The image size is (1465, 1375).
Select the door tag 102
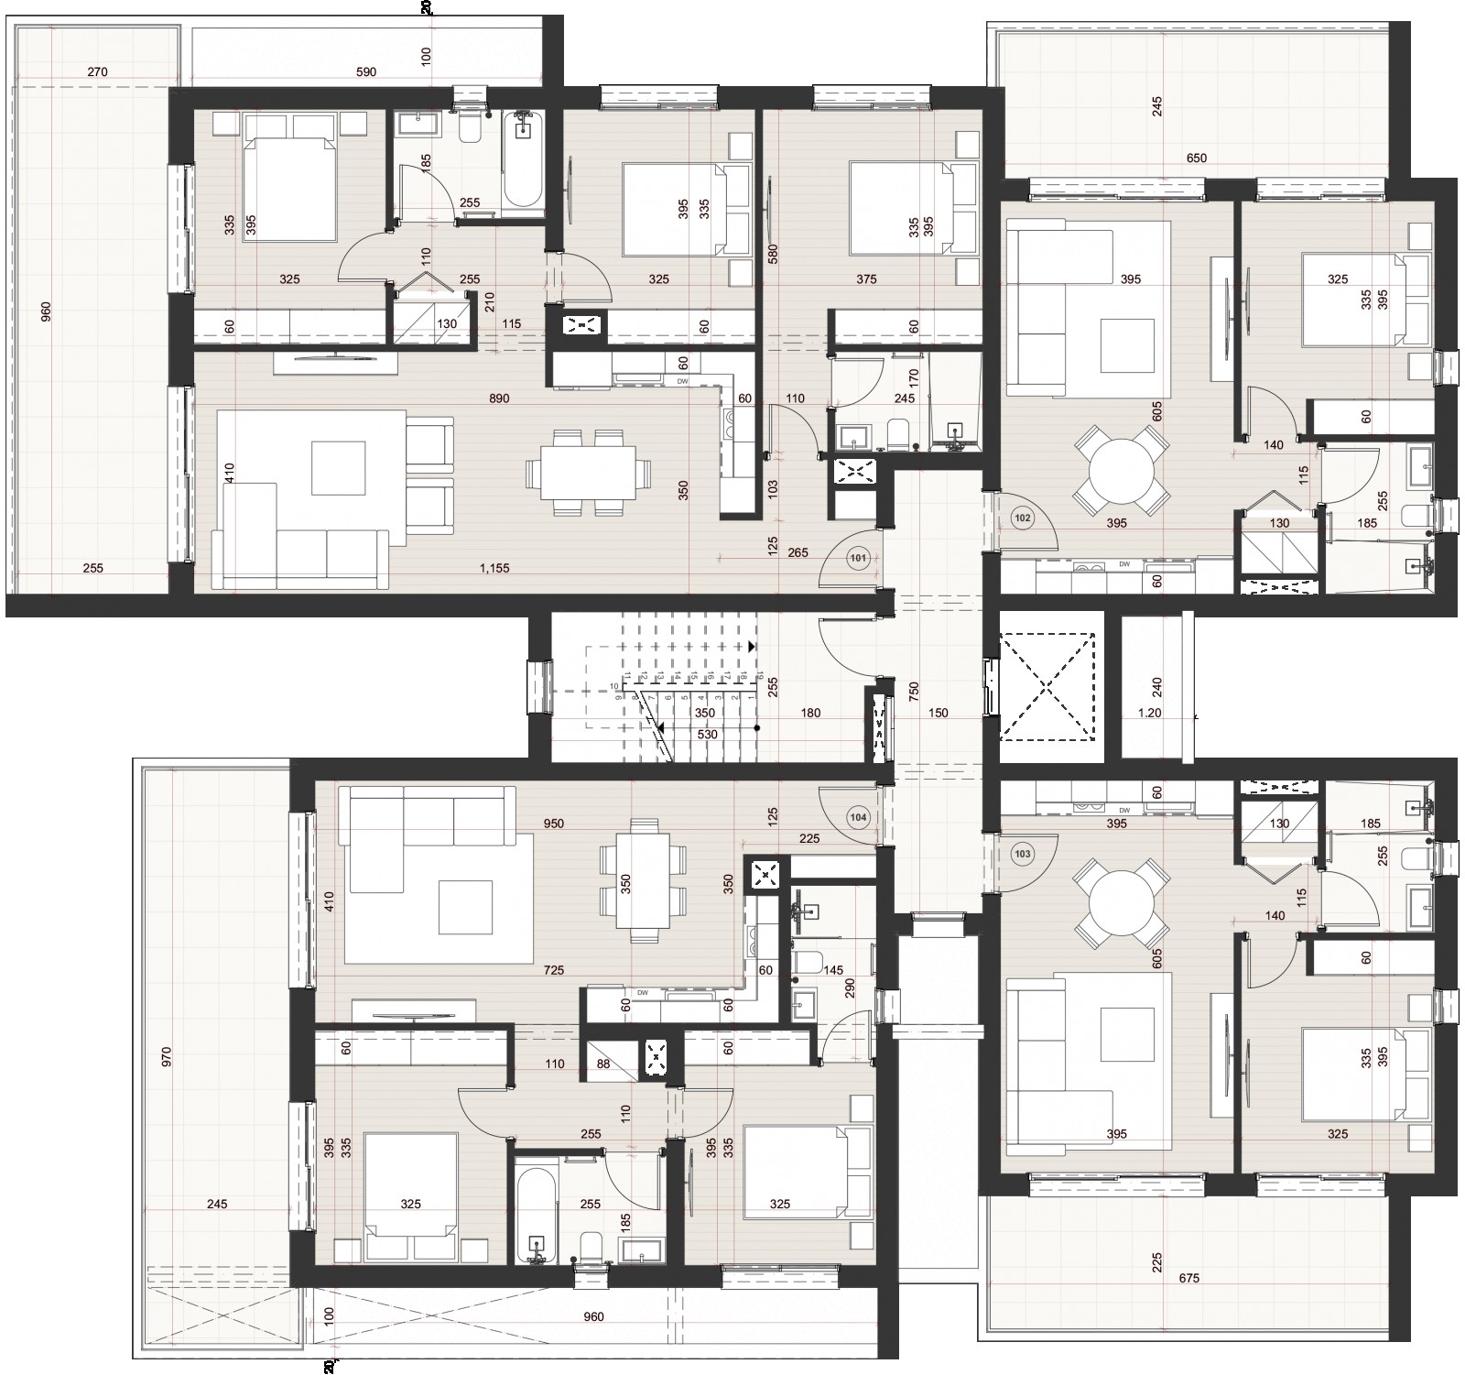(1023, 518)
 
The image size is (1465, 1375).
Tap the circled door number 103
(1023, 854)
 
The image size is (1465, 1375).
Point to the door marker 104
(858, 816)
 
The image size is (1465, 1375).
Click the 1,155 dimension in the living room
(494, 568)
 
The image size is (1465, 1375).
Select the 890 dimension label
(499, 398)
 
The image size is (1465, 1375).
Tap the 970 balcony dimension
(166, 1057)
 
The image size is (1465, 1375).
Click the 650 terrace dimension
(1196, 158)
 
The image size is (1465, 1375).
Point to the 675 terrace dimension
(1188, 1278)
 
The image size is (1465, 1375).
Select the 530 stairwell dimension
(706, 734)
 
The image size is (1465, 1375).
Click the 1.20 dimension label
(1148, 713)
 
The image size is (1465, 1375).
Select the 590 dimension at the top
(365, 71)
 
